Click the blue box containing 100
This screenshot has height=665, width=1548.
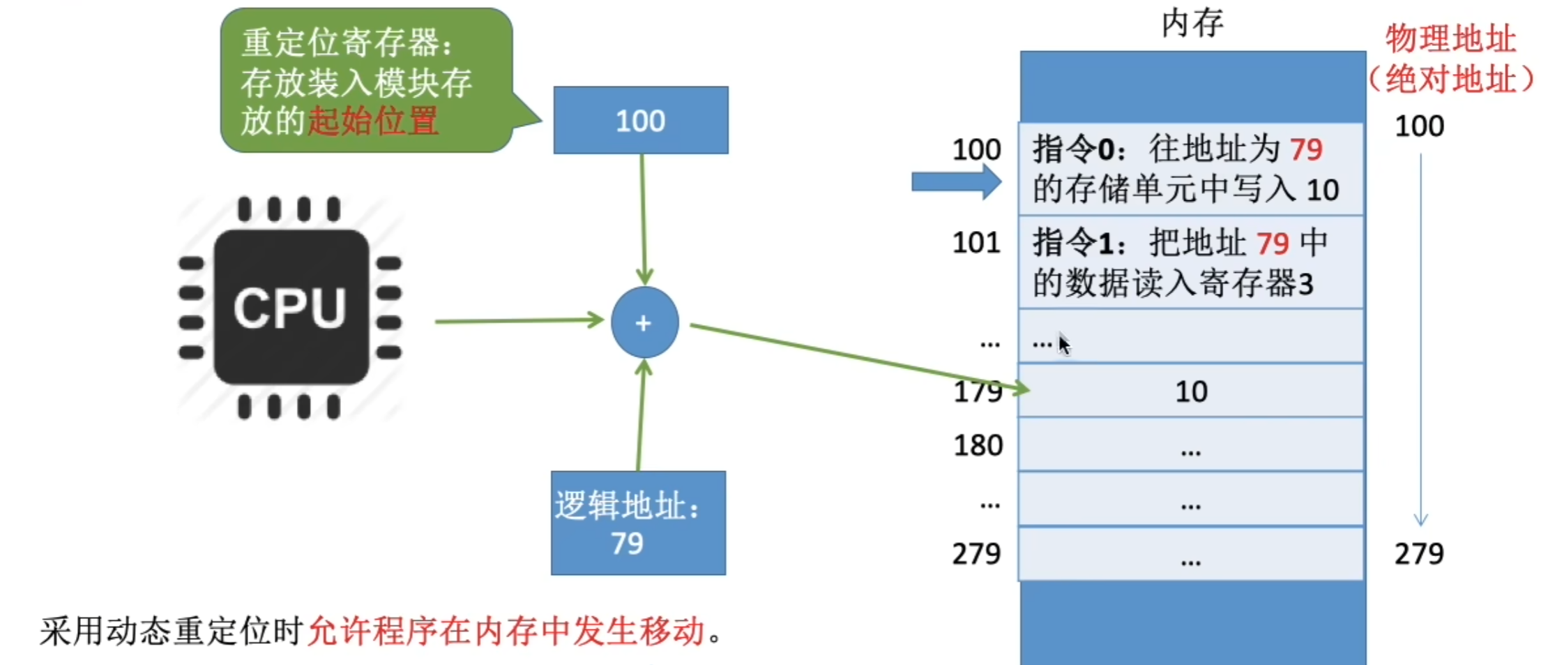[x=641, y=120]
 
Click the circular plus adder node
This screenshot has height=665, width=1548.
[x=644, y=322]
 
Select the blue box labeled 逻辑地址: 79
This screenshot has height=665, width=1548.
[x=638, y=523]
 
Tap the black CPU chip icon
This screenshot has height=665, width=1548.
[x=291, y=308]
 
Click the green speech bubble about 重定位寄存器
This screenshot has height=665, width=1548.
[x=366, y=80]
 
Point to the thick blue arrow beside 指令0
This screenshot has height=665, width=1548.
[x=956, y=183]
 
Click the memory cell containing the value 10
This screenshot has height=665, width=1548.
[x=1191, y=391]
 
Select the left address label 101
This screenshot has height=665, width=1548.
[x=976, y=243]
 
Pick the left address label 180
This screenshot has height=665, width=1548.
[x=978, y=445]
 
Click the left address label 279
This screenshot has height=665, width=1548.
[x=976, y=554]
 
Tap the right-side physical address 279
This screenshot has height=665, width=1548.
[x=1419, y=554]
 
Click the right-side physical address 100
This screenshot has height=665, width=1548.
[x=1419, y=126]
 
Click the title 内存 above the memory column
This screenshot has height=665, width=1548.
[x=1192, y=24]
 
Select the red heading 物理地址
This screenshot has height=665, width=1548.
[x=1450, y=39]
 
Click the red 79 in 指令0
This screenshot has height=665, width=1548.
[x=1305, y=149]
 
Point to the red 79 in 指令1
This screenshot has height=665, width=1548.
[x=1273, y=244]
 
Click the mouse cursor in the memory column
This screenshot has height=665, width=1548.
[x=1063, y=343]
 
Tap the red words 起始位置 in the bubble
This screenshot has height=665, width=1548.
[x=373, y=121]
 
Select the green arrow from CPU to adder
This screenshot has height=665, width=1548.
[x=519, y=321]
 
